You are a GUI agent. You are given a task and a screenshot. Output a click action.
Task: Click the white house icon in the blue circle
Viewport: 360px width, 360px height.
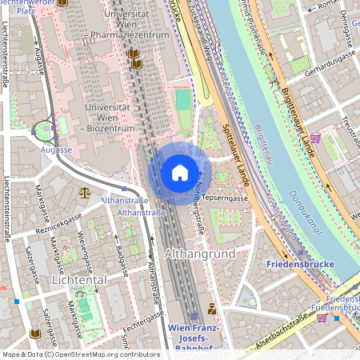179,173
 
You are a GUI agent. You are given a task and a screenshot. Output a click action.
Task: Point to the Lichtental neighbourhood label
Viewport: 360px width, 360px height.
79,281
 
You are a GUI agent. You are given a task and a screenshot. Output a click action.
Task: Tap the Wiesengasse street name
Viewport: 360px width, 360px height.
84,250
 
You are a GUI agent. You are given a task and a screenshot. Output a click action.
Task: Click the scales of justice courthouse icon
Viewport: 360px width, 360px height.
85,193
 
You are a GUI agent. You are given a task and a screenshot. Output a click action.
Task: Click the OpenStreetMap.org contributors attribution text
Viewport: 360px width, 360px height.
104,354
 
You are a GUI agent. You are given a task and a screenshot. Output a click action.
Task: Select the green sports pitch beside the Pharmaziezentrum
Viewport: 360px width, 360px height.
183,101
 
